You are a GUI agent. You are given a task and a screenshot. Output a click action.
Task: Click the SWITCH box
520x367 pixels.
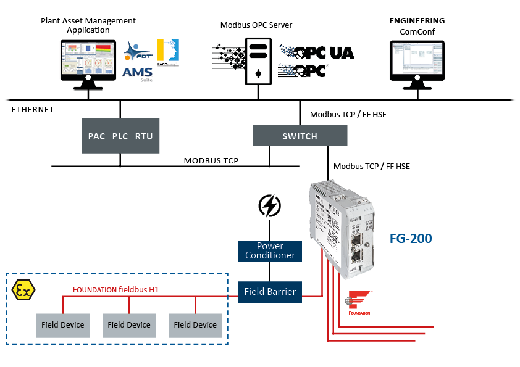(300, 136)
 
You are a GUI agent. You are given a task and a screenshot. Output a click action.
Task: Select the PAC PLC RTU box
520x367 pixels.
(120, 136)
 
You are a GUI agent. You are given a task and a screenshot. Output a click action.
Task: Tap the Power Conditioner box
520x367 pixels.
(270, 250)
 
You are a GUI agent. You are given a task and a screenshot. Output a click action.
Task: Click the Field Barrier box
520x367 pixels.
(270, 292)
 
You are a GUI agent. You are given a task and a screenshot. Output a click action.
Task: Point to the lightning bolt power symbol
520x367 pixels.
(270, 205)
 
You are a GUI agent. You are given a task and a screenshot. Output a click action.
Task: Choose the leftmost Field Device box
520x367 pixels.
(62, 324)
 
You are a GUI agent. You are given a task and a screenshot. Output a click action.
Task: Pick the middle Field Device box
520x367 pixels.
(128, 324)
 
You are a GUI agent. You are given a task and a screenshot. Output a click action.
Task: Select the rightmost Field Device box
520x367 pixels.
(195, 324)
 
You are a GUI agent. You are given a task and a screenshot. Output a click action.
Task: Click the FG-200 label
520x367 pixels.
(410, 238)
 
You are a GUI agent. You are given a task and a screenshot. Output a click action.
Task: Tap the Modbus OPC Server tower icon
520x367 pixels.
(258, 60)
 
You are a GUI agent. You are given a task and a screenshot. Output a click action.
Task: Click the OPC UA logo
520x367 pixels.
(317, 52)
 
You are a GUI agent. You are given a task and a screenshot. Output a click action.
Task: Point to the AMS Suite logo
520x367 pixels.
(137, 72)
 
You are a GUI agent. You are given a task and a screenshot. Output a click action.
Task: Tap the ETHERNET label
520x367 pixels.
(33, 110)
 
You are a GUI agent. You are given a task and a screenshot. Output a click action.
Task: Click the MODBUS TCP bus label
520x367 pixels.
(211, 160)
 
